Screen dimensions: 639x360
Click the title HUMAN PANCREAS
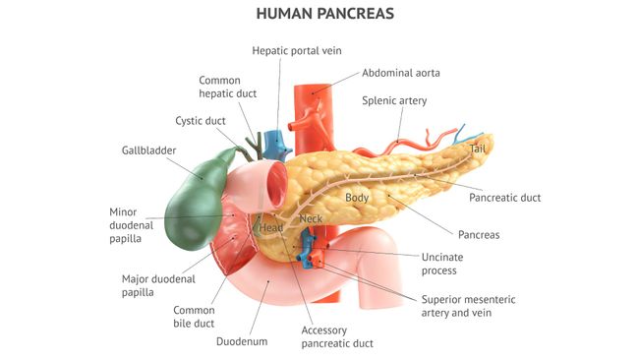[x=319, y=14]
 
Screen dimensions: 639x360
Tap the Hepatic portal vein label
[x=297, y=50]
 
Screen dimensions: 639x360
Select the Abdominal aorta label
[x=400, y=73]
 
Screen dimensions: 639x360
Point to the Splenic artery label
[x=395, y=100]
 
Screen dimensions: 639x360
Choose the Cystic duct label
[x=201, y=121]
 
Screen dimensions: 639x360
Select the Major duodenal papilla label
[x=153, y=284]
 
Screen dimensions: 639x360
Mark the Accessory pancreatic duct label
[x=337, y=337]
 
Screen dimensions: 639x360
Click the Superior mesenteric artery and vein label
[x=468, y=306]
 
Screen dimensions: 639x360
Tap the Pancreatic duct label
[x=504, y=198]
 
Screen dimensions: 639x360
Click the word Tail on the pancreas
[x=478, y=149]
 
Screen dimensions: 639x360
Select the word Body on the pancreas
[x=357, y=198]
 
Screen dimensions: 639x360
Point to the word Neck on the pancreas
[x=311, y=218]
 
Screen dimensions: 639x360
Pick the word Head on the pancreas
[x=270, y=228]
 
